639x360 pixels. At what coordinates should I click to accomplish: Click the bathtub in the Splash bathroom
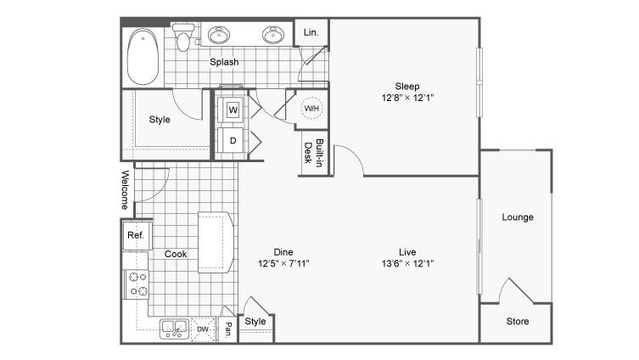point(143,56)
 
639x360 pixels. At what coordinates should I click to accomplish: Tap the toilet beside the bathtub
point(183,37)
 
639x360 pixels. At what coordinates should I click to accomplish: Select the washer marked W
point(233,110)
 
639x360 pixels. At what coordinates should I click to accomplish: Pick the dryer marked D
point(233,141)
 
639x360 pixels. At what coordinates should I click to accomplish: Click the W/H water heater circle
point(311,109)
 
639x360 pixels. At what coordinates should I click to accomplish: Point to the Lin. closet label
point(311,32)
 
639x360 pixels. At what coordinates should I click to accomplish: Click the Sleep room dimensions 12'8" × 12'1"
point(407,98)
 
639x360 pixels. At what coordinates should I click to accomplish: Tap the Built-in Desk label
point(314,153)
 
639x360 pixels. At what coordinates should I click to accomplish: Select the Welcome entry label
point(125,189)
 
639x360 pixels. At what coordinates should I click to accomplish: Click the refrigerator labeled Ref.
point(137,236)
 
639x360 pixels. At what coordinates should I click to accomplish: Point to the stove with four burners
point(137,284)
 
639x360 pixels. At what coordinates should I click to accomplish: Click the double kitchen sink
point(175,329)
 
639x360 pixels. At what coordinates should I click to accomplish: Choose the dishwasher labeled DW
point(203,329)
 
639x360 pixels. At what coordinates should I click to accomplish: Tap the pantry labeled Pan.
point(228,329)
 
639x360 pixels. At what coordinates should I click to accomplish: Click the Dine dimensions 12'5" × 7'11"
point(283,263)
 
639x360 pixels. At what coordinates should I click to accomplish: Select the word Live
point(407,252)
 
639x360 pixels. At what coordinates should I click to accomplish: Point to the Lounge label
point(518,217)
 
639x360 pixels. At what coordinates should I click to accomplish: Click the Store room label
point(518,321)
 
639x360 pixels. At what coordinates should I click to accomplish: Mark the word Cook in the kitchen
point(176,254)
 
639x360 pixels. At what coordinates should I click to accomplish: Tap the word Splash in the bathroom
point(224,62)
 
